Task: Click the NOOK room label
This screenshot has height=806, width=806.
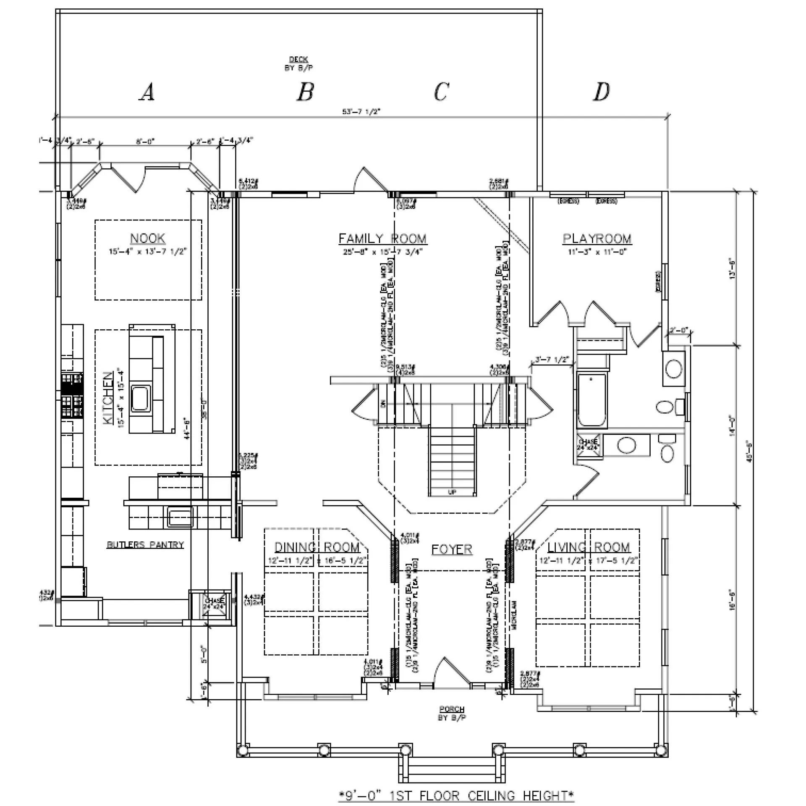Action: tap(148, 239)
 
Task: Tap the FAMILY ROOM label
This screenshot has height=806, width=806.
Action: tap(382, 239)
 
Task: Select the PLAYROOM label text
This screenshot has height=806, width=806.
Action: tap(597, 239)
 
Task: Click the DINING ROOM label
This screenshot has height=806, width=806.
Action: tap(317, 547)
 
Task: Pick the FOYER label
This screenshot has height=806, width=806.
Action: tap(452, 549)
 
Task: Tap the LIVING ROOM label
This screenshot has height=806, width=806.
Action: tap(589, 547)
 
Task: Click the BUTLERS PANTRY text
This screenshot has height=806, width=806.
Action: tap(145, 545)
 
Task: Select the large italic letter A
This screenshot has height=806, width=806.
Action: tap(147, 92)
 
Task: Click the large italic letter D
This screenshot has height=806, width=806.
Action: tap(601, 92)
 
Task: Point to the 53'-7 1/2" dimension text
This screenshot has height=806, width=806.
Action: tap(361, 112)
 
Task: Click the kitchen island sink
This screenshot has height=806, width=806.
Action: tap(140, 399)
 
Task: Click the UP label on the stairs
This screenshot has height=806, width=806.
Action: tap(452, 492)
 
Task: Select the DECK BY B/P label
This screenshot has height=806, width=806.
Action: tap(298, 64)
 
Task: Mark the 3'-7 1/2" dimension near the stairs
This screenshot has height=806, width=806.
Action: tap(552, 360)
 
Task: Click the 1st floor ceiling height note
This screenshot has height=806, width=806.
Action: tap(456, 795)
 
